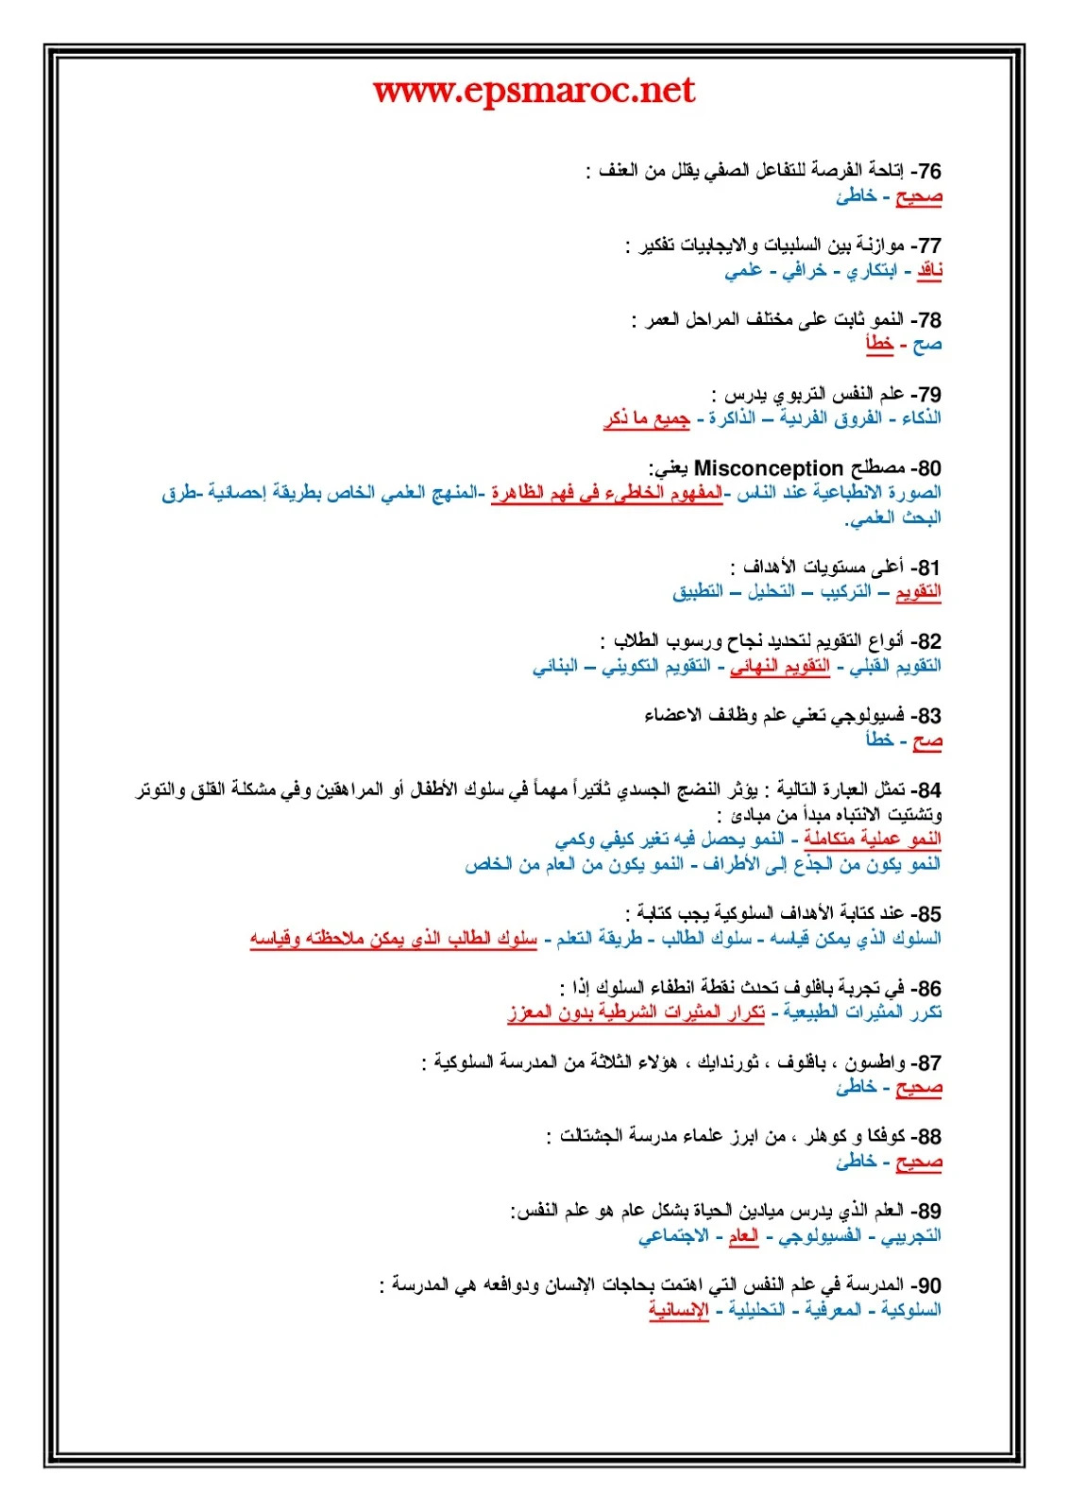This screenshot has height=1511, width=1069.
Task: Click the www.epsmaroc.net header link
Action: click(534, 91)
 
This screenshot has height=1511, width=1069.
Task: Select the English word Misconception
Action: click(768, 468)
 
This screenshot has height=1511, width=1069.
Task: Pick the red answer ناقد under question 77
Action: click(929, 271)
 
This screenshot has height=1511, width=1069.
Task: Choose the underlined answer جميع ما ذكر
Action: click(647, 418)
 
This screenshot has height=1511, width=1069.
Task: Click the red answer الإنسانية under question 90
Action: click(678, 1310)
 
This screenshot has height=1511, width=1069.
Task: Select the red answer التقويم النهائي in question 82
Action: click(779, 667)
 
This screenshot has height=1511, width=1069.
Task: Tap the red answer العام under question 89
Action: click(743, 1235)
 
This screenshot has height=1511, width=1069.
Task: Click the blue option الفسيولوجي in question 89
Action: click(820, 1235)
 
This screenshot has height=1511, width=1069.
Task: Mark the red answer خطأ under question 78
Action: click(879, 345)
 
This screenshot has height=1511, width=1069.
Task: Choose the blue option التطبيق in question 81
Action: click(698, 592)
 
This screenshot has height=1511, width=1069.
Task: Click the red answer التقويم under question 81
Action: click(918, 592)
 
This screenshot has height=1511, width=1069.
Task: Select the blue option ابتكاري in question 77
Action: click(871, 271)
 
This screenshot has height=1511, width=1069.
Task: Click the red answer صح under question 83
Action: click(927, 740)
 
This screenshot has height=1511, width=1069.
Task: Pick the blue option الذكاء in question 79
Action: click(921, 418)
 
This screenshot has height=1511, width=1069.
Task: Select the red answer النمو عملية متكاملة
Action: click(873, 840)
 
